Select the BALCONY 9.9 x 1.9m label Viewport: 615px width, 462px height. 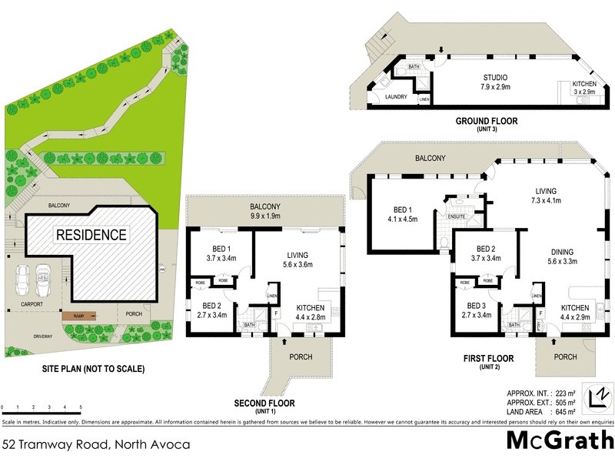[x=264, y=212]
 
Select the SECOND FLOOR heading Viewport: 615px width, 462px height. [x=264, y=403]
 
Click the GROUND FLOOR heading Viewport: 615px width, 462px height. [x=487, y=121]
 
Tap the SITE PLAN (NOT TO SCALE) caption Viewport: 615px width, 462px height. [x=93, y=369]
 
